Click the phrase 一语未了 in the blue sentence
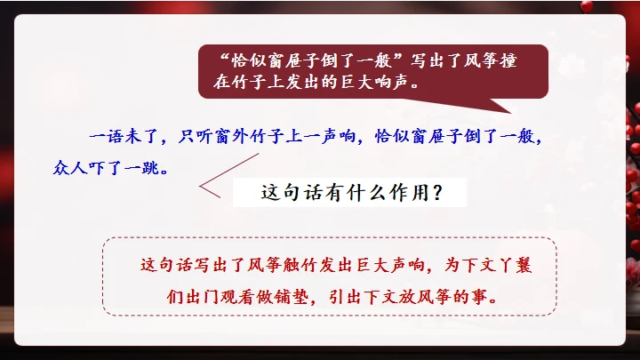click(x=118, y=138)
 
